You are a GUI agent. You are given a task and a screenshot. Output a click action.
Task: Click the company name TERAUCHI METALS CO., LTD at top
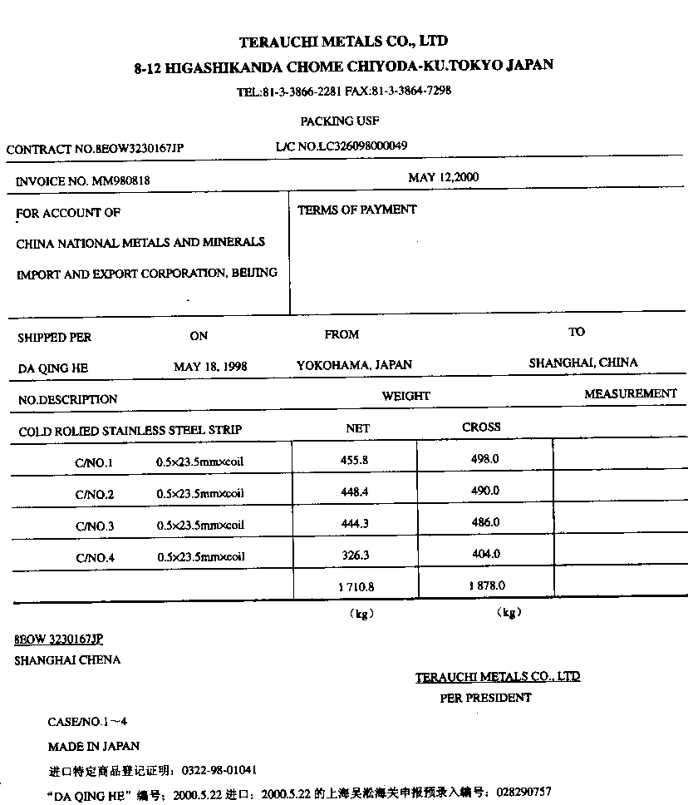tap(344, 41)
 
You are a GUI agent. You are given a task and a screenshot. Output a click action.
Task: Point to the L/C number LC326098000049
tap(363, 146)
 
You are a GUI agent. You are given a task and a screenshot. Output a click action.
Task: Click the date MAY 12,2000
tap(443, 177)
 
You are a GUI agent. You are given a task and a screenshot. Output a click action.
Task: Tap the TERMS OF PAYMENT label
tap(356, 210)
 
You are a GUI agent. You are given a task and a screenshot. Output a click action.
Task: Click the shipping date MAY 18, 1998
tap(210, 367)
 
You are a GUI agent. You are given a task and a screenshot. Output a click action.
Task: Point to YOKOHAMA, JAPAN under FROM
tap(354, 365)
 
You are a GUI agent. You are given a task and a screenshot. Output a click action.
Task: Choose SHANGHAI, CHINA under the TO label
tap(583, 363)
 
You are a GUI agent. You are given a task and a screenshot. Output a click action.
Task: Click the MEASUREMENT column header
tap(630, 393)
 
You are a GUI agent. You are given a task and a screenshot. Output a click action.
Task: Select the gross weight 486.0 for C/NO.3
tap(485, 522)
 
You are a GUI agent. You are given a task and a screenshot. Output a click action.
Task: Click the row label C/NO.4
tap(95, 558)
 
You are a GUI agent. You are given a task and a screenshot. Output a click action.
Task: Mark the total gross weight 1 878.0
tap(486, 585)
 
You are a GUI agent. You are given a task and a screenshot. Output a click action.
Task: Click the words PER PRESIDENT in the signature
tap(485, 698)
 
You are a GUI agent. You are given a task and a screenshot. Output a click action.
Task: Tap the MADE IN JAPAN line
tap(94, 746)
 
